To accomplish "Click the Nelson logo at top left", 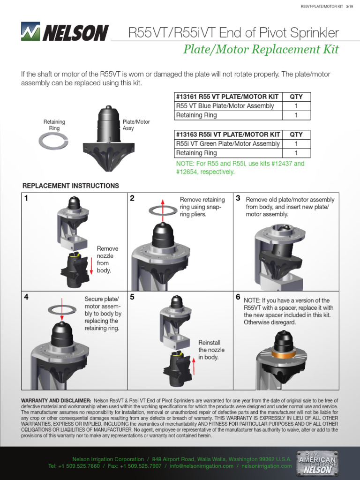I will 64,32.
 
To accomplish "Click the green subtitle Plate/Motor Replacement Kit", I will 261,50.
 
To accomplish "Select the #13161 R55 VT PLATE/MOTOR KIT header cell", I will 228,97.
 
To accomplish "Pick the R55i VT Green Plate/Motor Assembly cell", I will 228,144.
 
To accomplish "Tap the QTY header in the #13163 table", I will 296,135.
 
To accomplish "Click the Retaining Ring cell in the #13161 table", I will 196,115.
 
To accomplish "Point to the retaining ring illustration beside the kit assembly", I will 54,141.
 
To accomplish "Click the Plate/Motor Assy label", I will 136,125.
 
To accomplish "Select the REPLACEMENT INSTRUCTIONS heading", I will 71,186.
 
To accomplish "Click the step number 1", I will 27,198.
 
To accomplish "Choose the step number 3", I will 238,198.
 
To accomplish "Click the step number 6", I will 238,297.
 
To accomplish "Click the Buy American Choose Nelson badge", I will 318,463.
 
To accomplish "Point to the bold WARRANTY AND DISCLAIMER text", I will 56,400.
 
